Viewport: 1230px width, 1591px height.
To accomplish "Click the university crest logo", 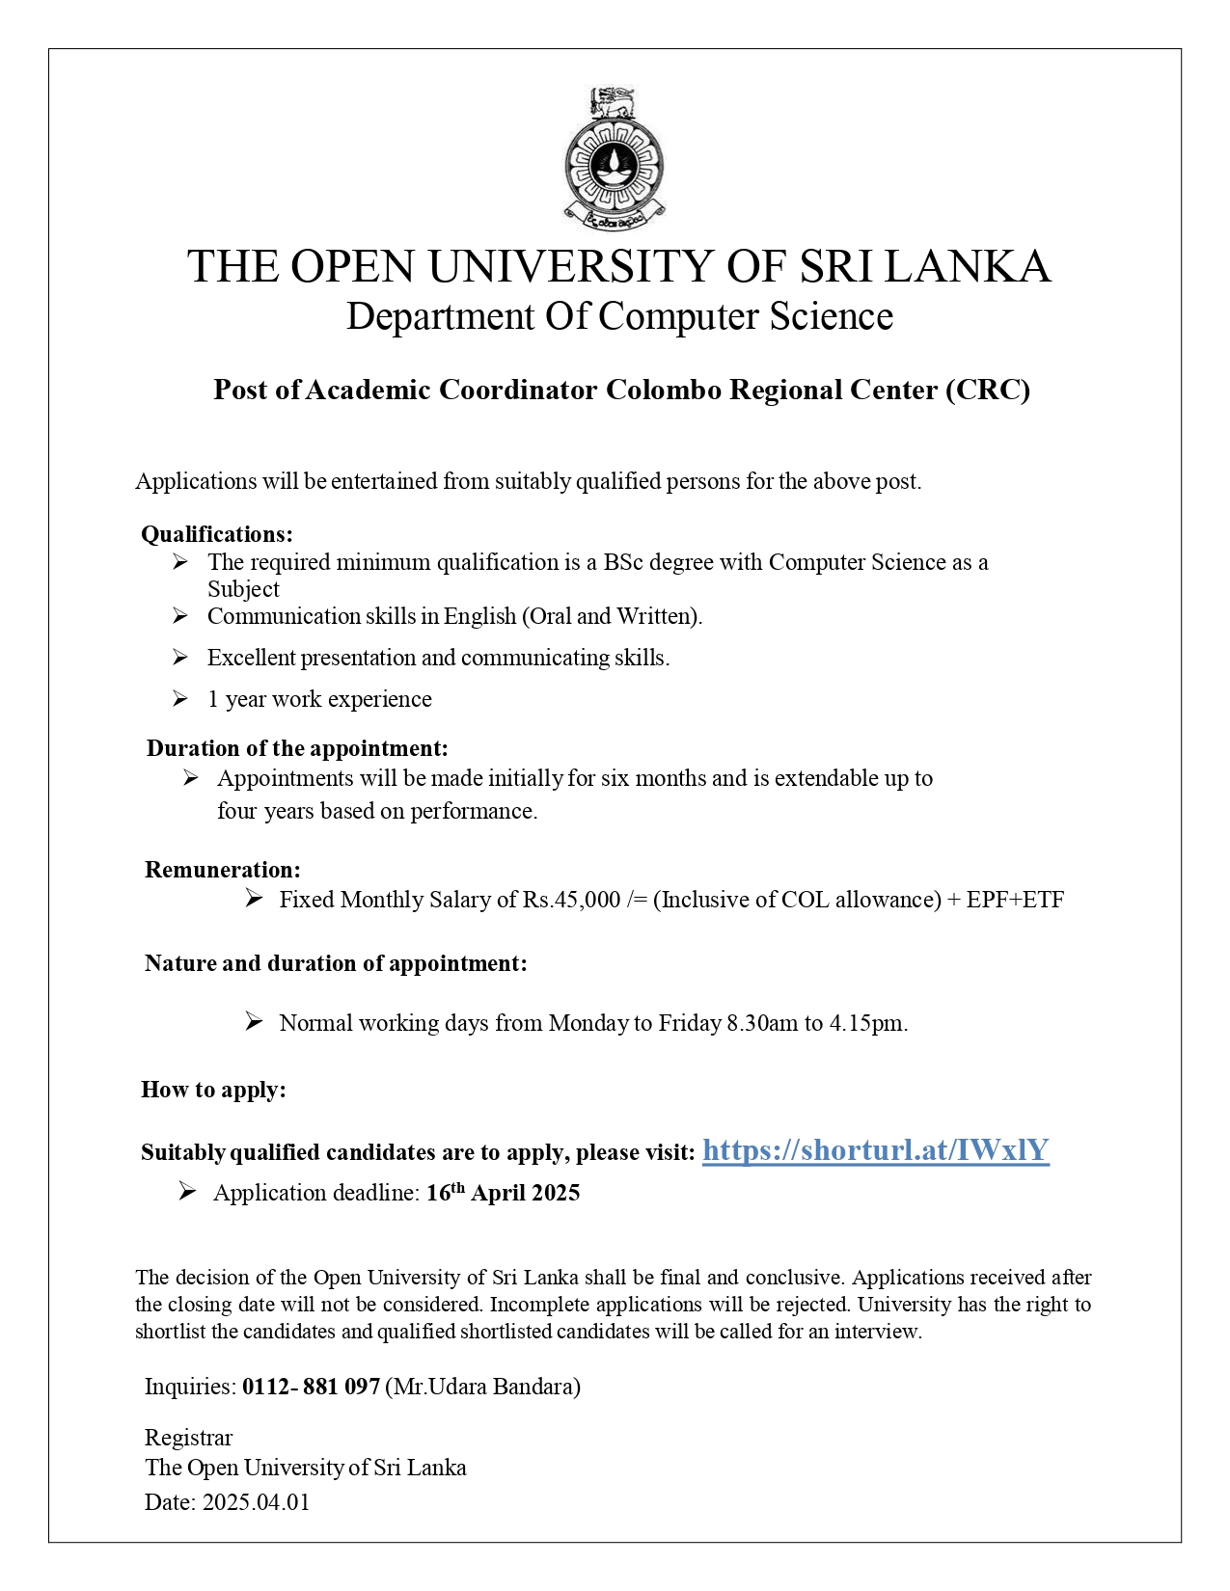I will (x=615, y=158).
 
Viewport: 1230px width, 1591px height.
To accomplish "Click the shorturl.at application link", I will (x=875, y=1149).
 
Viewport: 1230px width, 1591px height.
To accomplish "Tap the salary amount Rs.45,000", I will (x=571, y=900).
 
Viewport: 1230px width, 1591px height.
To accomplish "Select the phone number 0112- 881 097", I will (x=311, y=1387).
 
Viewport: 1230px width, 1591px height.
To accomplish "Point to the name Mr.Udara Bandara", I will (x=483, y=1387).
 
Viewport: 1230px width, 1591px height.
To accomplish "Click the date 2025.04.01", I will (x=256, y=1502).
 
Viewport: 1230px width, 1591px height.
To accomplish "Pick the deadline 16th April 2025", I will (x=503, y=1193).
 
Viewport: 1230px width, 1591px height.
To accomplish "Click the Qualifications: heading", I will (x=217, y=534).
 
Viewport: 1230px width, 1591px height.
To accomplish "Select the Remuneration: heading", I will (x=223, y=870).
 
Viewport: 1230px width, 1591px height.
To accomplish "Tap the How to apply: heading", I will (x=213, y=1090).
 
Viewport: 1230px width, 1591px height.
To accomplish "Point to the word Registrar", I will (x=188, y=1438).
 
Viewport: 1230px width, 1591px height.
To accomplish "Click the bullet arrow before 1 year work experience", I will (x=180, y=699).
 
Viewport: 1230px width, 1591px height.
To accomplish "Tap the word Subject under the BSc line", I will (x=243, y=589).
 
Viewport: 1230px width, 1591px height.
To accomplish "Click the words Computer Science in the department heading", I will (x=746, y=316).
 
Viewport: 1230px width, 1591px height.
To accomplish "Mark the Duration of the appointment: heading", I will (x=297, y=748).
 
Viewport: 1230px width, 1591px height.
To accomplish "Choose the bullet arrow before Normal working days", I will (x=254, y=1022).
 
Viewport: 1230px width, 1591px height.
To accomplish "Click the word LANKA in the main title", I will (x=967, y=266).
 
